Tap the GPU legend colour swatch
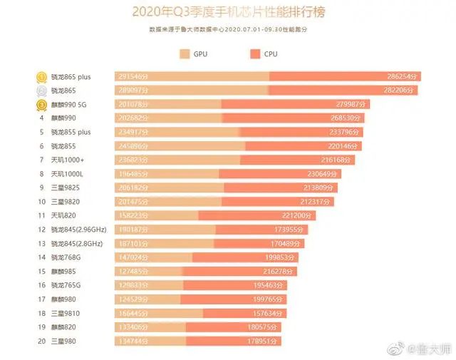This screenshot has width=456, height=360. [185, 54]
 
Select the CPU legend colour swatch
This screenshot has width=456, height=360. [255, 54]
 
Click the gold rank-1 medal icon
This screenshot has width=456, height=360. [42, 76]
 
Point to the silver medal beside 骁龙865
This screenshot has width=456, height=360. [42, 91]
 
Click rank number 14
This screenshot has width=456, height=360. [42, 257]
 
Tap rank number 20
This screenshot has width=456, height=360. [42, 341]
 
